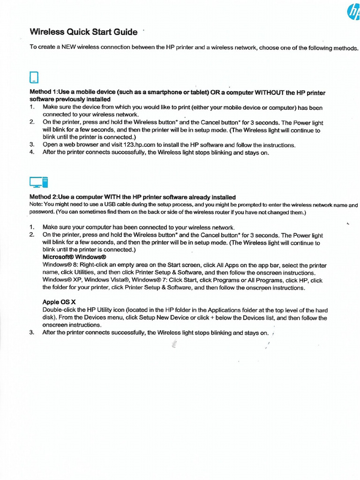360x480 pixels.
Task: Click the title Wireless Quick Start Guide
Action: pos(83,32)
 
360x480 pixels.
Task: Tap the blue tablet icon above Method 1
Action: pos(34,77)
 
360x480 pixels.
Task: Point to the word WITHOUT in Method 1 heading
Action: pos(270,92)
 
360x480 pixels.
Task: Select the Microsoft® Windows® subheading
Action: pos(75,257)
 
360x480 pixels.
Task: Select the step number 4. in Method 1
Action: pos(32,152)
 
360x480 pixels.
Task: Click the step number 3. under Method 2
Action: pos(32,332)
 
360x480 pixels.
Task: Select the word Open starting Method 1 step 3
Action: pos(50,145)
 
